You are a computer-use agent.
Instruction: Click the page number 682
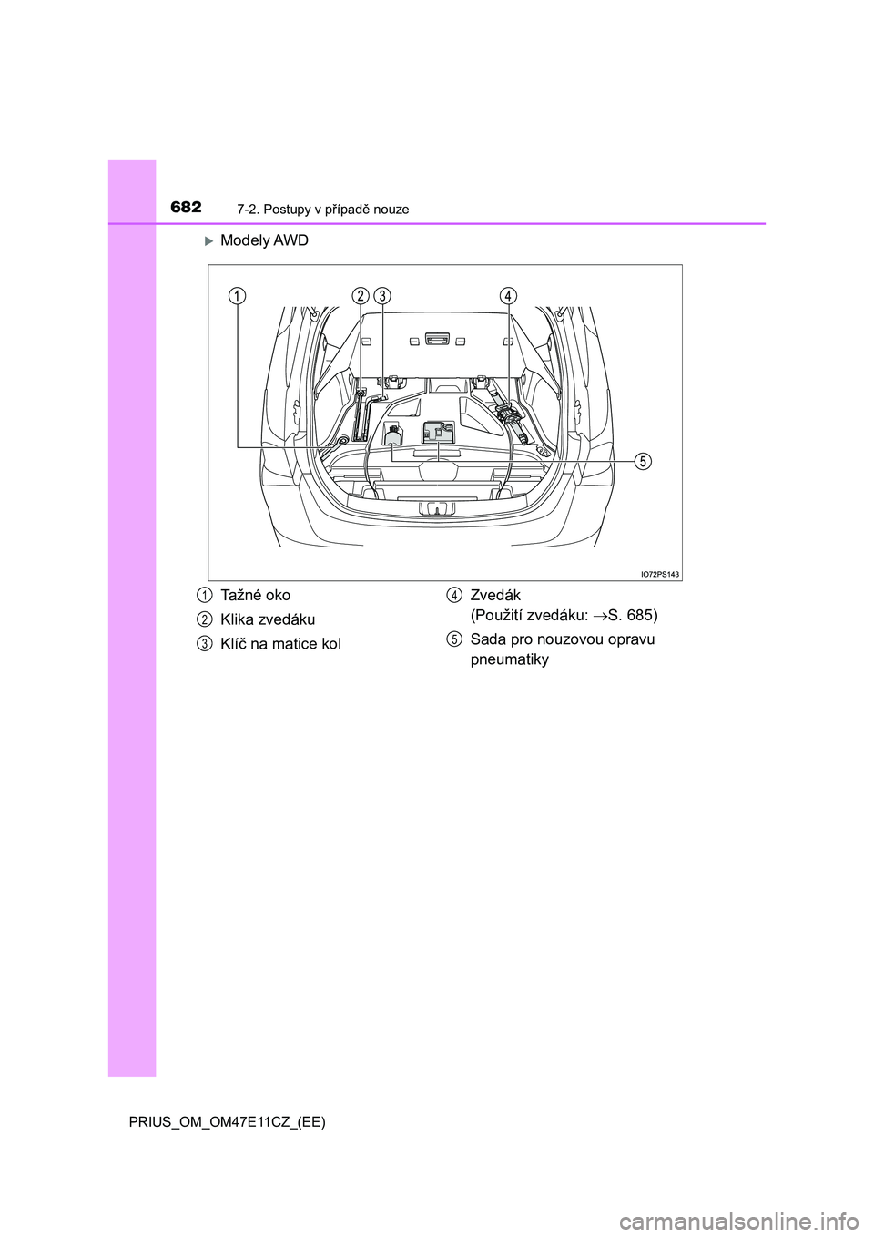(187, 208)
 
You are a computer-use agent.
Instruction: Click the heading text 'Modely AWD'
(264, 240)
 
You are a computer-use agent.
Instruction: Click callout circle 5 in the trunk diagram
(641, 460)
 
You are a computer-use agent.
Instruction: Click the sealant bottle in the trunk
(393, 434)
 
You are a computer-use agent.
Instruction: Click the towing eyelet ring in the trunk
(342, 440)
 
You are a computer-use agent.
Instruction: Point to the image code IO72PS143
(660, 575)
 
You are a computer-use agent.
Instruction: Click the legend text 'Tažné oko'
(255, 596)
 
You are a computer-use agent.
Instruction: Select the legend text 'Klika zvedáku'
(268, 619)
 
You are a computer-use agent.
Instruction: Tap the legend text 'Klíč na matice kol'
(280, 644)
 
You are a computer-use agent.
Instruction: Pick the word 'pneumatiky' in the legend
(509, 660)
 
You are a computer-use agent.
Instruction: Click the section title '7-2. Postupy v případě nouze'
(323, 210)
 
